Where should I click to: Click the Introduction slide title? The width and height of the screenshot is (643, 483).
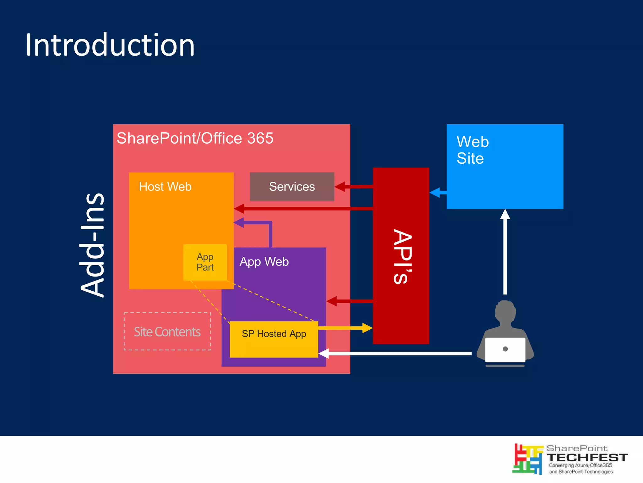click(x=110, y=45)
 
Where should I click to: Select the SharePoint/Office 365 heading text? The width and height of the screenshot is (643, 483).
click(x=195, y=138)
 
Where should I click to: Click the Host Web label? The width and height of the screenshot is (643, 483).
click(x=165, y=187)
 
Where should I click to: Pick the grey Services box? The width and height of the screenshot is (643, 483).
click(x=292, y=187)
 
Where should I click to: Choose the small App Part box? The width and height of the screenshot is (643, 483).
click(x=205, y=262)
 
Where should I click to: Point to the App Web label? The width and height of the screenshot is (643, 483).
click(x=264, y=262)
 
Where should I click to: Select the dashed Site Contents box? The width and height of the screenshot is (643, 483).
click(x=167, y=332)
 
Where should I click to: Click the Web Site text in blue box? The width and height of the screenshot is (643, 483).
click(x=472, y=150)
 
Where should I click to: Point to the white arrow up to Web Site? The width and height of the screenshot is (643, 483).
click(x=505, y=251)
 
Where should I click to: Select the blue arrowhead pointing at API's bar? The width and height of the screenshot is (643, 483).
click(x=435, y=192)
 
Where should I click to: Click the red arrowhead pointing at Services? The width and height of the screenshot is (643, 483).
click(x=340, y=187)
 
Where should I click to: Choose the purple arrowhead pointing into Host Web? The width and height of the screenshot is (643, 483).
click(x=239, y=222)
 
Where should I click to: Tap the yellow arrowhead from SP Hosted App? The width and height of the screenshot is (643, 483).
click(x=367, y=328)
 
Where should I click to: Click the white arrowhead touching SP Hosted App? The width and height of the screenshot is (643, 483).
click(x=324, y=354)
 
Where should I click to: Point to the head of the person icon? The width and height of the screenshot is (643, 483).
click(x=505, y=311)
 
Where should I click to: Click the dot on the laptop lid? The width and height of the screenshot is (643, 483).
click(x=505, y=349)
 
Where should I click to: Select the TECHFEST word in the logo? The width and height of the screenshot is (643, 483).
click(x=587, y=458)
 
